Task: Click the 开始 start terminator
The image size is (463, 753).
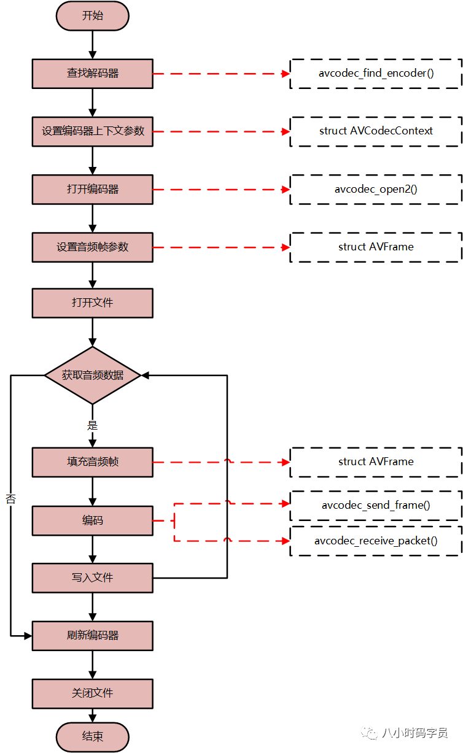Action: [x=93, y=16]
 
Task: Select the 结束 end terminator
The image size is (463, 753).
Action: [x=93, y=737]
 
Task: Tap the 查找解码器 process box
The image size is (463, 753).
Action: [x=93, y=74]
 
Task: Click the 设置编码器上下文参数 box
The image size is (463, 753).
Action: [x=93, y=131]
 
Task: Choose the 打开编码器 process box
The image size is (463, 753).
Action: [x=93, y=189]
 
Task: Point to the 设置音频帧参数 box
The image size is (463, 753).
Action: [x=93, y=247]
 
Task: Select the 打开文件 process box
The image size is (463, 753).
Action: [x=93, y=303]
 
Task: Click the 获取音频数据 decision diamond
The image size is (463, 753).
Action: [x=93, y=375]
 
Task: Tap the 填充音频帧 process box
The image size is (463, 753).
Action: [x=93, y=462]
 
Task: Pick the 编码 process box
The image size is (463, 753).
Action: [x=93, y=520]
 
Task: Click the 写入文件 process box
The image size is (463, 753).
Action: [x=93, y=578]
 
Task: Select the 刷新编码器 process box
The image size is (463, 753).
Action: [x=93, y=636]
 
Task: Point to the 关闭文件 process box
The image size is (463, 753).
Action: [x=93, y=693]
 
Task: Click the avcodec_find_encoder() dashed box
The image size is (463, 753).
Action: [x=376, y=74]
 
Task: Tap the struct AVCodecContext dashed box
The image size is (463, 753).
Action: [x=376, y=131]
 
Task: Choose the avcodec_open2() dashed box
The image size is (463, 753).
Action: [x=376, y=189]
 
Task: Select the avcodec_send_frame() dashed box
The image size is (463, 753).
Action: [x=376, y=506]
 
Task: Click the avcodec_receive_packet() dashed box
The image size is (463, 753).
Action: [x=376, y=541]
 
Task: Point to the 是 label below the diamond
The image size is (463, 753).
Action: [x=93, y=425]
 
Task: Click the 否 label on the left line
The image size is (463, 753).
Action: [x=11, y=499]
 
